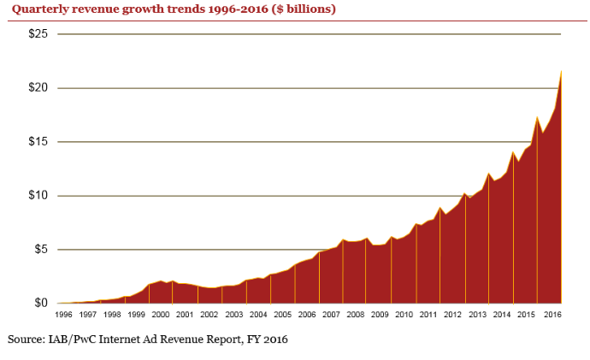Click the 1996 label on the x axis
63,316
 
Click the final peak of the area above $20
561,72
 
